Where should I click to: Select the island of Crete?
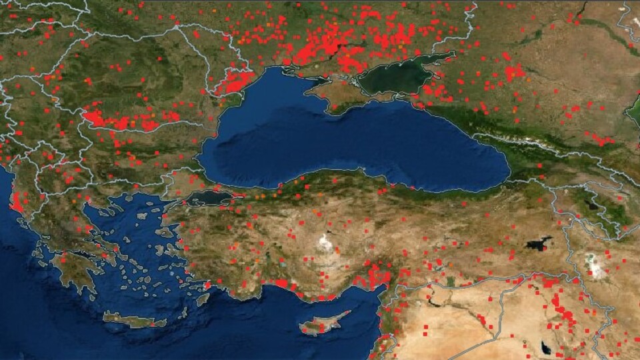click(x=133, y=320)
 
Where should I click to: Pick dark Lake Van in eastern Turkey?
click(x=539, y=243)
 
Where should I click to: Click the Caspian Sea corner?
click(x=633, y=110)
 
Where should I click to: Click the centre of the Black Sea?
click(x=353, y=143)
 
